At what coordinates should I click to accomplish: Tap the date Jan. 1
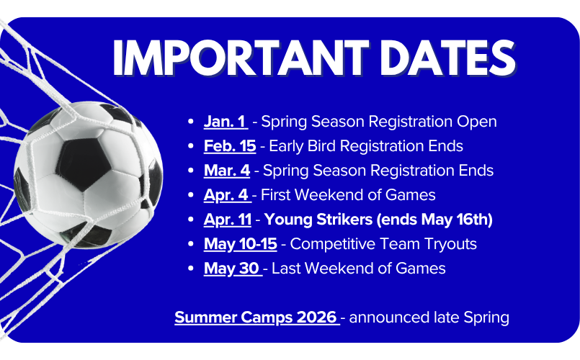point(225,122)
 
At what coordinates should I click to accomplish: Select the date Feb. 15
point(230,146)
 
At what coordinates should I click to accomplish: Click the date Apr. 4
point(227,195)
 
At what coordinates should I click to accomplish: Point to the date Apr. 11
point(228,220)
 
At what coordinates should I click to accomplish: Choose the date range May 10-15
point(240,244)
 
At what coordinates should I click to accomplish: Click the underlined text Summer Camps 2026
point(256,317)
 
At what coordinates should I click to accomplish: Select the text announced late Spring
point(429,317)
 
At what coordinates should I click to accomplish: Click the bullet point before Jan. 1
point(189,122)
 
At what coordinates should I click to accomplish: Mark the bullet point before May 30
point(189,269)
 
